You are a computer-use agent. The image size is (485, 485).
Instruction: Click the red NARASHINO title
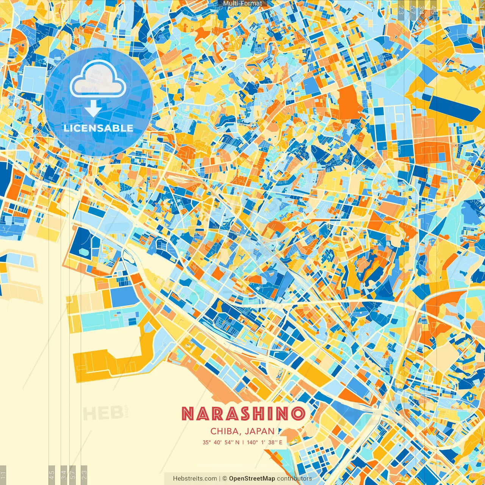(243, 414)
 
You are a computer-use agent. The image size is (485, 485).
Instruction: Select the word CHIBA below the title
(225, 431)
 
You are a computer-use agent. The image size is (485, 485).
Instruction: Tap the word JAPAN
(260, 431)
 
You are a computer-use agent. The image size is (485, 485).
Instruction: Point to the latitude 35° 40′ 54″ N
(221, 442)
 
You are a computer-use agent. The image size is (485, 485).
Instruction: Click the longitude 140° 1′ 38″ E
(264, 442)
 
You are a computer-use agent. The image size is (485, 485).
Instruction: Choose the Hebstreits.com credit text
(195, 479)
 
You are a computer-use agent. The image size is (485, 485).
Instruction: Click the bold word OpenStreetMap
(252, 479)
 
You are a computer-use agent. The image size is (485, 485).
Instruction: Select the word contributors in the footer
(294, 479)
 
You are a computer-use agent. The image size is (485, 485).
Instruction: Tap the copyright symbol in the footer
(224, 479)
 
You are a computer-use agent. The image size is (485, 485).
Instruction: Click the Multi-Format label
(242, 3)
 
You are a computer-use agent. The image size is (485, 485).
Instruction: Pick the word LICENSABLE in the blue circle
(99, 128)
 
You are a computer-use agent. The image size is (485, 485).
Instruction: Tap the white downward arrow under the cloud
(92, 108)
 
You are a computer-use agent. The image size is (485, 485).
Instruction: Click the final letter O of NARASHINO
(299, 414)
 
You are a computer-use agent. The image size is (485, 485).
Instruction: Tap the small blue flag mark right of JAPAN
(280, 430)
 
